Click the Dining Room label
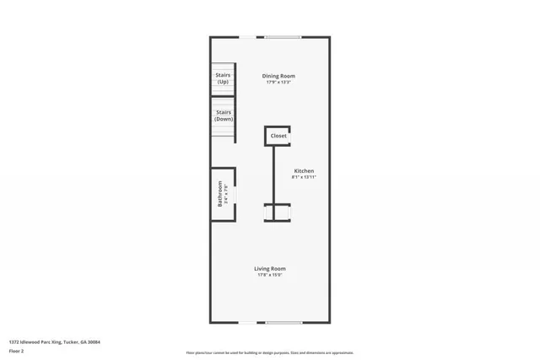click(278, 76)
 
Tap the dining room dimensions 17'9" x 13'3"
click(278, 83)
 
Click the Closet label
click(278, 135)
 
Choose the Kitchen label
click(304, 171)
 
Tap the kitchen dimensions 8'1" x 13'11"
click(304, 178)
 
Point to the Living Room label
click(270, 269)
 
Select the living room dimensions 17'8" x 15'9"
click(270, 275)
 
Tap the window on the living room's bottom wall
click(283, 323)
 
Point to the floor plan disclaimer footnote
click(270, 352)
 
